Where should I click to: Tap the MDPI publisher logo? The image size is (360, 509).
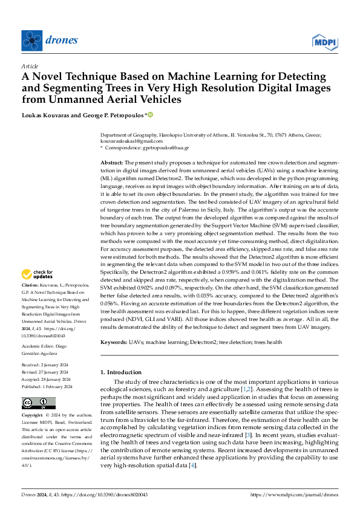pos(324,41)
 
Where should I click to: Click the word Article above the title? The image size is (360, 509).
pos(30,66)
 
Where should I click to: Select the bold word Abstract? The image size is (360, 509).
pos(111,163)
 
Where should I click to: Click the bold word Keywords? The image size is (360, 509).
pos(114,343)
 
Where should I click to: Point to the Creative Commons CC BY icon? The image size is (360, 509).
pos(39,403)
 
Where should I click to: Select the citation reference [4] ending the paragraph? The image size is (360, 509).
pos(193,465)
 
